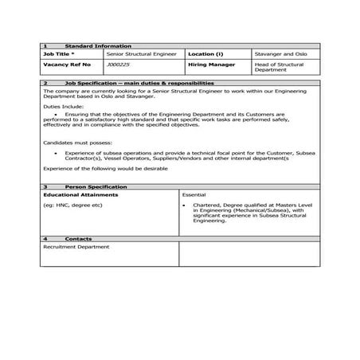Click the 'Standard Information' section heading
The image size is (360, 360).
coord(98,46)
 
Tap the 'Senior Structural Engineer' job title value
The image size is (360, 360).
coord(139,54)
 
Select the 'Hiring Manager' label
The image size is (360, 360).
coord(210,64)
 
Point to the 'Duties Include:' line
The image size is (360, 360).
coord(62,106)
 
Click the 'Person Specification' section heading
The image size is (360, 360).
coord(96,186)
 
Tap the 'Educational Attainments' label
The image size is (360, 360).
coord(80,194)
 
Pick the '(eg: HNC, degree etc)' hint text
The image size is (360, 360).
coord(72,205)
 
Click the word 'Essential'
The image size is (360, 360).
coord(194,194)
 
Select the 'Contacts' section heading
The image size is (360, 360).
coord(78,238)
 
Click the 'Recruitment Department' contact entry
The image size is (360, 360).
coord(75,247)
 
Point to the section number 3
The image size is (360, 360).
coord(45,186)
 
